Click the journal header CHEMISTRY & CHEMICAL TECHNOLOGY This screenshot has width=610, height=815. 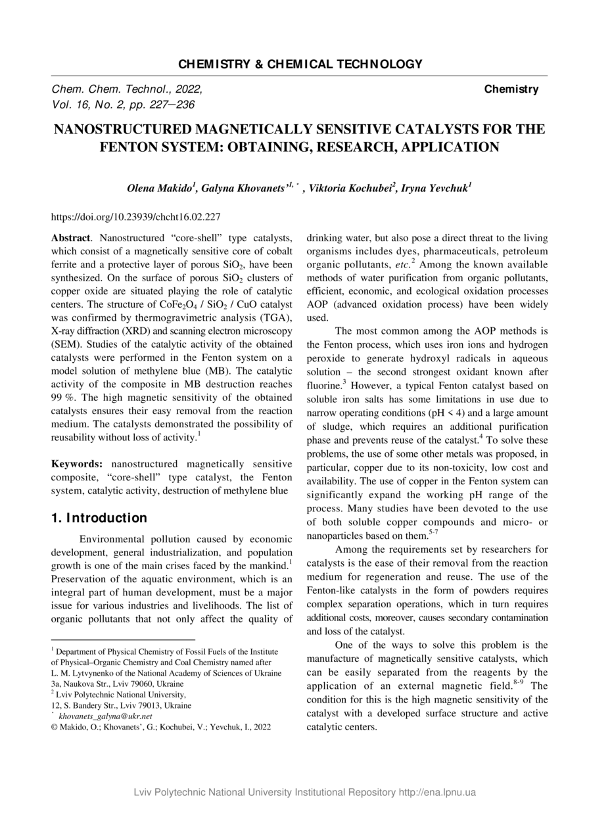tap(300, 64)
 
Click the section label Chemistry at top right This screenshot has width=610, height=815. tap(511, 89)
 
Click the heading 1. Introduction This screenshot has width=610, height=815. tap(99, 519)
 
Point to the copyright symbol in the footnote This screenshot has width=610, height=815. tap(55, 727)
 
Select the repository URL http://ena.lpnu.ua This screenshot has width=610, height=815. tap(437, 792)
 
